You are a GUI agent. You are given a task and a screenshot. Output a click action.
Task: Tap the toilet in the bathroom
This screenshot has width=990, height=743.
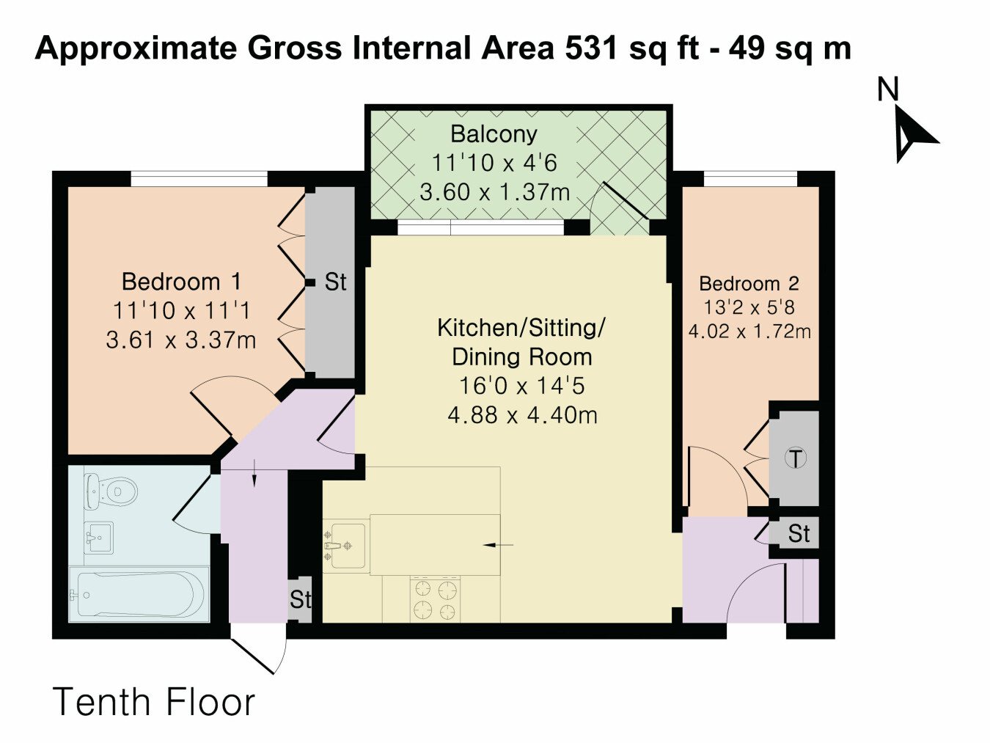tap(111, 491)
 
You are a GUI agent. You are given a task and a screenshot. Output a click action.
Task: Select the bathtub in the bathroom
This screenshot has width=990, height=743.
tap(139, 594)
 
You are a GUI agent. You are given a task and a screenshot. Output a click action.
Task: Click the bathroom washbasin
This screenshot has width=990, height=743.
tap(98, 538)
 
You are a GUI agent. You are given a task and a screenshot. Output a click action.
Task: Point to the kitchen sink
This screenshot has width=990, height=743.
tap(346, 546)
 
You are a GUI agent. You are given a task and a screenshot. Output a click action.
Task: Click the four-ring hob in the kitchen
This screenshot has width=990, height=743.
tap(436, 599)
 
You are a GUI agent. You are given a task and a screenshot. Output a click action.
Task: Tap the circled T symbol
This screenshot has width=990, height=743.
tap(795, 458)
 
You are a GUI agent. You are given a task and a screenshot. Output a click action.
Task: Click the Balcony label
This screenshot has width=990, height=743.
tap(494, 134)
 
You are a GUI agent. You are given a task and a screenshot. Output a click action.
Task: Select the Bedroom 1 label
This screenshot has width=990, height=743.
tap(181, 282)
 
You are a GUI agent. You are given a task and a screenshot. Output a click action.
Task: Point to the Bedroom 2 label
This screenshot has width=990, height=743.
tap(749, 284)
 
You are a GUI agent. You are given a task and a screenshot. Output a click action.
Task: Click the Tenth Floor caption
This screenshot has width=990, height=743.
tap(154, 702)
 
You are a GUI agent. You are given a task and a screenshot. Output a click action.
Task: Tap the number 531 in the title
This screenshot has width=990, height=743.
tap(591, 48)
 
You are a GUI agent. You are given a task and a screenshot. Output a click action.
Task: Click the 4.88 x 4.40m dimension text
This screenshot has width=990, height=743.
tap(522, 415)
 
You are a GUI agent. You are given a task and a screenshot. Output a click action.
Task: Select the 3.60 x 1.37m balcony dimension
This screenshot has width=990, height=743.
tap(495, 192)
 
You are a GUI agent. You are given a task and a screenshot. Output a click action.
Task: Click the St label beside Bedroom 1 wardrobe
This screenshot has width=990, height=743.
tap(335, 282)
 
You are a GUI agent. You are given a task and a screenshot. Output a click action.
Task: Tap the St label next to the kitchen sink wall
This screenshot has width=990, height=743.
tap(301, 599)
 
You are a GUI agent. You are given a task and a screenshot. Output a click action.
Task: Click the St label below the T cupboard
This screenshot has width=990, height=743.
tap(799, 534)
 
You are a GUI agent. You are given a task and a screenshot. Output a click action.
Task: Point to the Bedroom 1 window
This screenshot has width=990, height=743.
tap(199, 179)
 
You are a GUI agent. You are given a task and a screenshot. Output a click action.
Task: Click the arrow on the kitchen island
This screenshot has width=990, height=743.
tap(498, 545)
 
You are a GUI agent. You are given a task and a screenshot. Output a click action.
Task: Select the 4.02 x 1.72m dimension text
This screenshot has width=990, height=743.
tap(749, 332)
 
